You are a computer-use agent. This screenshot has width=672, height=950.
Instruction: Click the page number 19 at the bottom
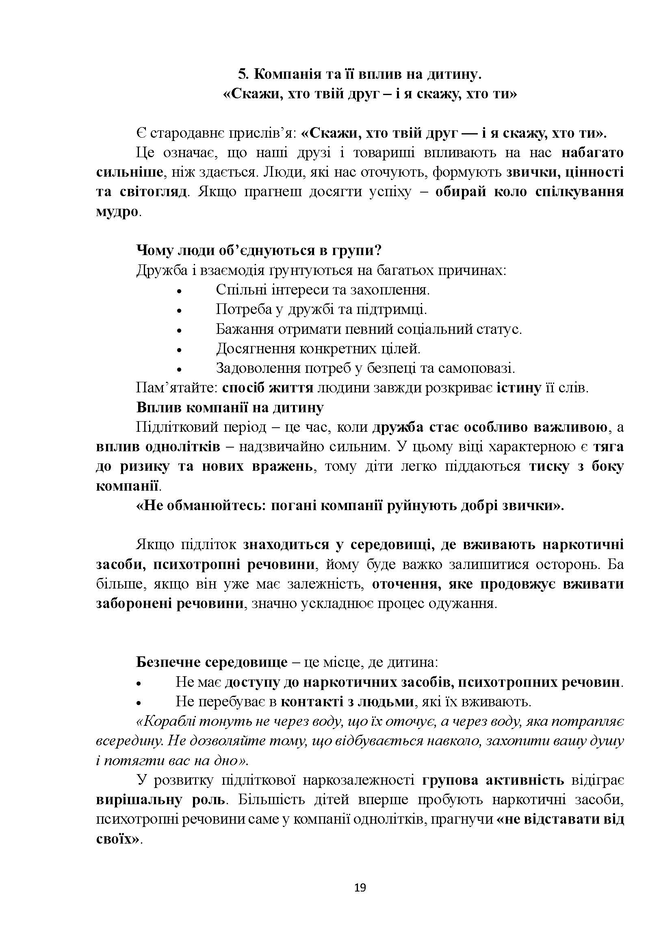point(360,887)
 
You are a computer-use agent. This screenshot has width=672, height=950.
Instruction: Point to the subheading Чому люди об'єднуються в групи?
point(259,250)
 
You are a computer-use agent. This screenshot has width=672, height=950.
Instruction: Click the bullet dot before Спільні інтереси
point(179,291)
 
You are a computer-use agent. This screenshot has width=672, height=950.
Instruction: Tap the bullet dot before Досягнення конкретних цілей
point(179,350)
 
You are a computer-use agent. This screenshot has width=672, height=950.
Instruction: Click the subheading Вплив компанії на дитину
point(230,407)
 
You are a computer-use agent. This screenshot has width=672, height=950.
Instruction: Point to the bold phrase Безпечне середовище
point(212,662)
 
